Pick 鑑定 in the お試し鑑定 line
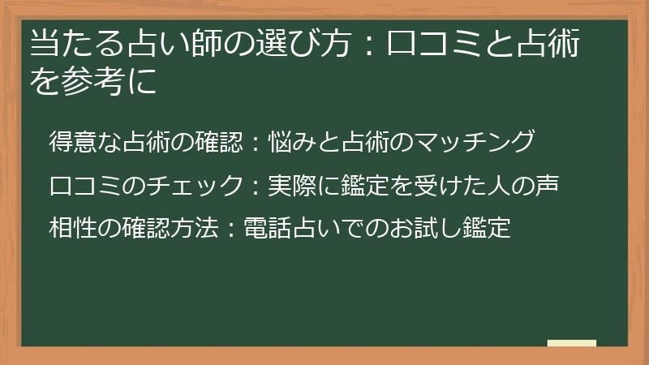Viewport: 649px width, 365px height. tap(490, 228)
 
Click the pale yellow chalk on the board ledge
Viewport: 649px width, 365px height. tap(571, 344)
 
